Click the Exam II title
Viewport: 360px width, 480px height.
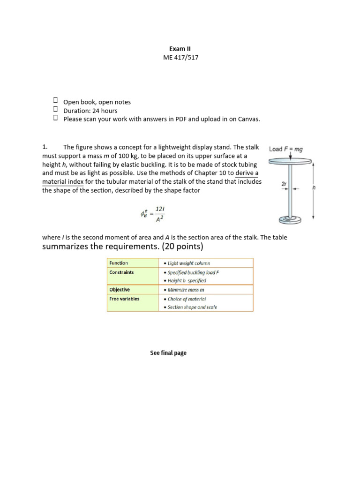[x=180, y=48]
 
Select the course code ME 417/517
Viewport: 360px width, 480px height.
[x=180, y=57]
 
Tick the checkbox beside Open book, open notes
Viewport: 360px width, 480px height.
[x=55, y=101]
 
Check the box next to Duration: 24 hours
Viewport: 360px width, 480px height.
[x=55, y=110]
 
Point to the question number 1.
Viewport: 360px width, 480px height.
[x=45, y=147]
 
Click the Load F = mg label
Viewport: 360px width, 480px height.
[x=285, y=149]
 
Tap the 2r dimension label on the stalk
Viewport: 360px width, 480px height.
[x=284, y=184]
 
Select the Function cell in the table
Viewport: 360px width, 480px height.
[x=119, y=263]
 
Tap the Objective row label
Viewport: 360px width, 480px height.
[x=120, y=290]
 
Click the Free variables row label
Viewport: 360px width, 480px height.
[x=124, y=299]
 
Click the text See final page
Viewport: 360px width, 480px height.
[x=168, y=353]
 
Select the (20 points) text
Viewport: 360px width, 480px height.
[x=181, y=247]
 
